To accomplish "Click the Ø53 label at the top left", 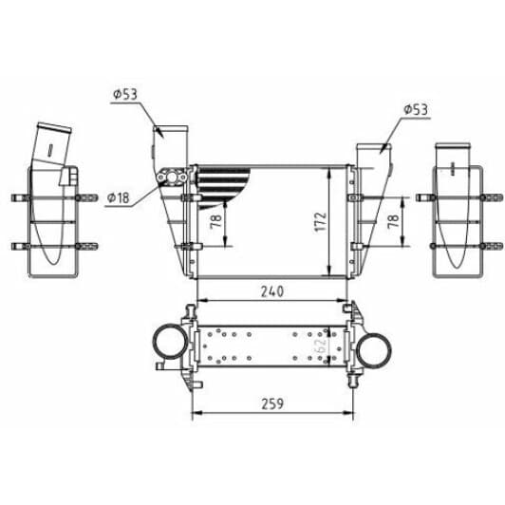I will (125, 94).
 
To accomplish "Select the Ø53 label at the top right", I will (415, 110).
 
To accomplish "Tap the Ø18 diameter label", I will (120, 197).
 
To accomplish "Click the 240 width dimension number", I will (272, 292).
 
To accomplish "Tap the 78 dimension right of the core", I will (392, 220).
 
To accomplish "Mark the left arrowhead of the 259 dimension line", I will (195, 415).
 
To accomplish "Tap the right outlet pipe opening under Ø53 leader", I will (371, 146).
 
